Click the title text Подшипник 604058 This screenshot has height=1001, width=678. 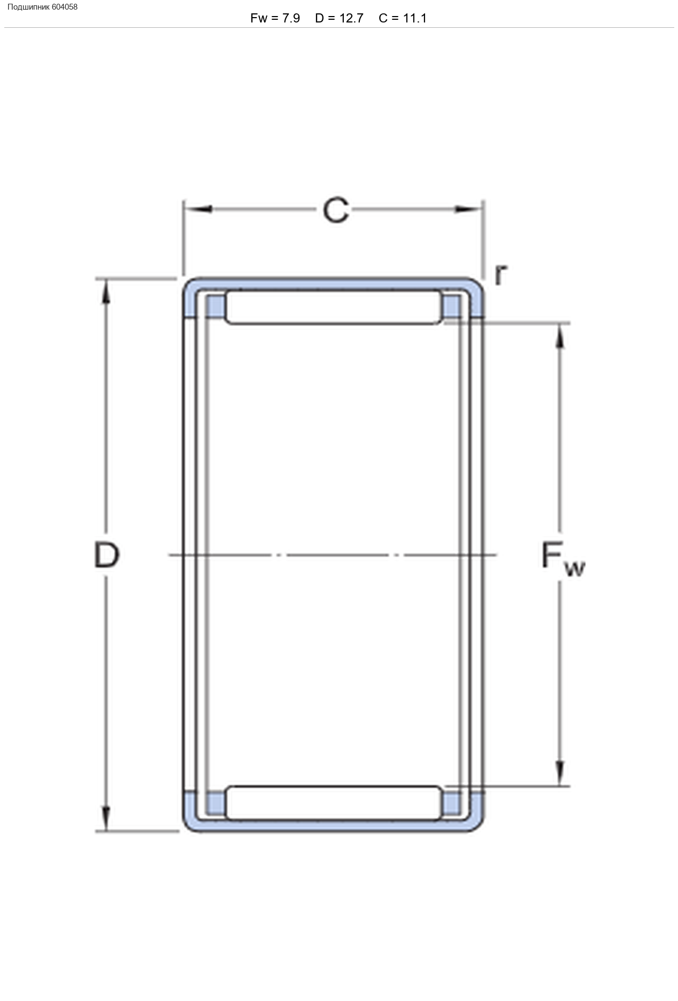click(42, 7)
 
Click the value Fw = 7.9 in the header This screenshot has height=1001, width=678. click(275, 18)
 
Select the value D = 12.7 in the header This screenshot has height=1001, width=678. click(339, 18)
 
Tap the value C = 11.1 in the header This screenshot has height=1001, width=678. click(403, 18)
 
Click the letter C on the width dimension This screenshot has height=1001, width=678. click(336, 210)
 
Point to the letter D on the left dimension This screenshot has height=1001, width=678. click(106, 555)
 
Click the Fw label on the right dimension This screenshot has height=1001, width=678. click(563, 559)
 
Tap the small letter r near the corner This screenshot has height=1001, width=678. click(500, 275)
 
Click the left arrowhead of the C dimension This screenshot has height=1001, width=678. click(198, 209)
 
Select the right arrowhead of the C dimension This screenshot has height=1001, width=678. click(469, 209)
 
